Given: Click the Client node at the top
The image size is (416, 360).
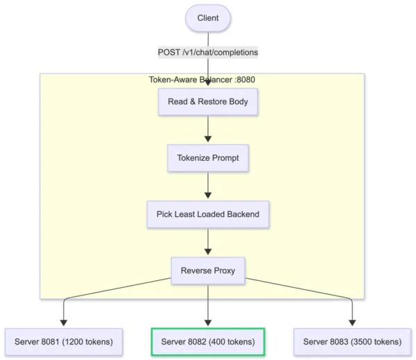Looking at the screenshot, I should point(207,18).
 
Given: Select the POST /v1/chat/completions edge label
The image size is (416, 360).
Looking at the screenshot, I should point(208,52).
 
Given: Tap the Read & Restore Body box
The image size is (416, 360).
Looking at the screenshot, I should point(208,101).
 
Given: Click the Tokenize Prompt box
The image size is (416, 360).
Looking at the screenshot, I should point(208,157).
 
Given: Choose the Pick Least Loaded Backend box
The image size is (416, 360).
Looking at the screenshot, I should point(208,214).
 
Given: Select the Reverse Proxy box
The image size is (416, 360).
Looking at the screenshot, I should point(208,271).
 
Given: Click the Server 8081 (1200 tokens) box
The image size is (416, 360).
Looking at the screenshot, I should point(64,341).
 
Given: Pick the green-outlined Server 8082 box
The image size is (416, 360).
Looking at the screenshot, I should point(208,341).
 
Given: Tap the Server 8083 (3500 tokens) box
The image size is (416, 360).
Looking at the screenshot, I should point(352,341).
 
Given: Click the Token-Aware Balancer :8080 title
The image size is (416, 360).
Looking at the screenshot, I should point(208,80).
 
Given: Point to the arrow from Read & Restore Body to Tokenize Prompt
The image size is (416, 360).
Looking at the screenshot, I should point(208,129).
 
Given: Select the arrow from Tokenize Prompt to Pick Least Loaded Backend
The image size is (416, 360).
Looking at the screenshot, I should point(208,186).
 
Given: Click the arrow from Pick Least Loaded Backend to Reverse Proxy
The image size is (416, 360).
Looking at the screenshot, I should point(208,242).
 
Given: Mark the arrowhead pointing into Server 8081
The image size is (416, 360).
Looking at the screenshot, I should point(64,322).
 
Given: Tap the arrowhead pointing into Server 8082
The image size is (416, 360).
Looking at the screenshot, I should point(208,322).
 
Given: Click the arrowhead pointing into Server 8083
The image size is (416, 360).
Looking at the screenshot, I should point(352,322).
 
